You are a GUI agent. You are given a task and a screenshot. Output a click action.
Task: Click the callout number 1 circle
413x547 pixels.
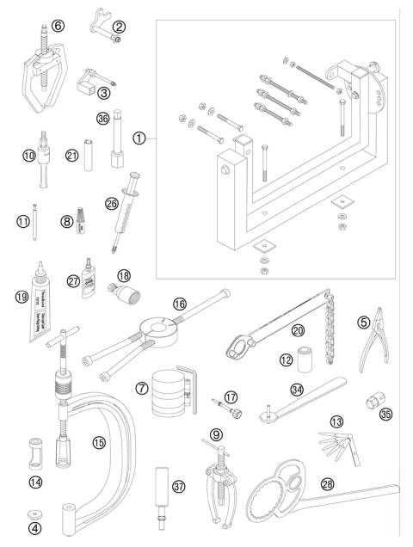point(139,137)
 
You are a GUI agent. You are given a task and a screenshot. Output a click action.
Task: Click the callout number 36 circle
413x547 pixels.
point(104,120)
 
